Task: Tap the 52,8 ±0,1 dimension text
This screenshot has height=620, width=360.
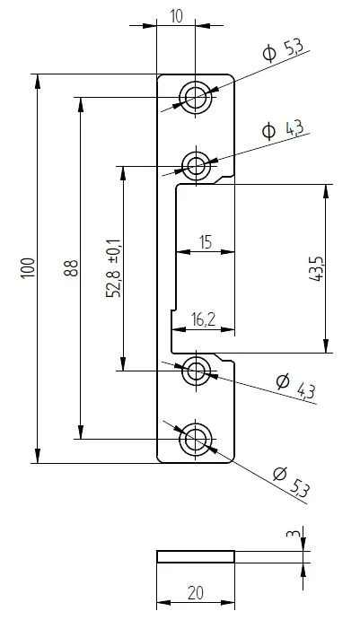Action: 112,267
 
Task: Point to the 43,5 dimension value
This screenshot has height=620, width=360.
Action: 316,267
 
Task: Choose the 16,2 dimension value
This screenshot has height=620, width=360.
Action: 204,320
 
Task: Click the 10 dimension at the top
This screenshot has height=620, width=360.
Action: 175,16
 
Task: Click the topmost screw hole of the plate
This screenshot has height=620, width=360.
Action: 195,95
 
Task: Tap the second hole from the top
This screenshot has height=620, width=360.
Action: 195,164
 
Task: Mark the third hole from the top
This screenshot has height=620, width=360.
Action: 195,370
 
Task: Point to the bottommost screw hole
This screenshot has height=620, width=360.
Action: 195,439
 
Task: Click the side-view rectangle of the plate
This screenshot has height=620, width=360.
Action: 195,556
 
